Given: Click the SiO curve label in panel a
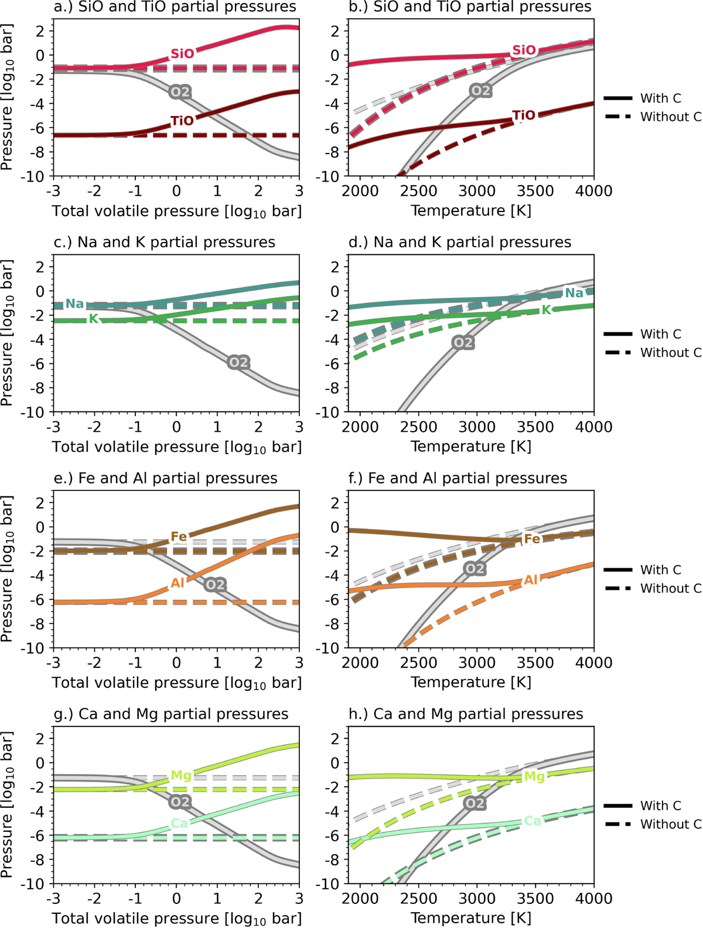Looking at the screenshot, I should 182,54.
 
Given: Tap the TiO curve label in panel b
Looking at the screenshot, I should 524,115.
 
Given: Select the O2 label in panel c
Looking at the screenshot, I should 238,363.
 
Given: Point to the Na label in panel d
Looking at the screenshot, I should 574,293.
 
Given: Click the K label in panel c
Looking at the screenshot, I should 94,319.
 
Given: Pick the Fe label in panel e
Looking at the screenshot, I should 179,537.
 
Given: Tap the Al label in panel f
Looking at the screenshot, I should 531,580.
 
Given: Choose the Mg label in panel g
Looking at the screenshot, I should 181,776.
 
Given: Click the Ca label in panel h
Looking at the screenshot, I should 532,821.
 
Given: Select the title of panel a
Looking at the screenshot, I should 175,8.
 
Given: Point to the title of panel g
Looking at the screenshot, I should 171,714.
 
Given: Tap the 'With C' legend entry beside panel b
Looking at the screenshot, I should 660,98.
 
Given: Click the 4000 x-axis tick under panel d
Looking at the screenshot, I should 593,427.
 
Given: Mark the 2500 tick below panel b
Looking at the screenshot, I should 419,191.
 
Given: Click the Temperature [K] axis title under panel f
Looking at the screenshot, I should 471,683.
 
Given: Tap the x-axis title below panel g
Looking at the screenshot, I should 177,919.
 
